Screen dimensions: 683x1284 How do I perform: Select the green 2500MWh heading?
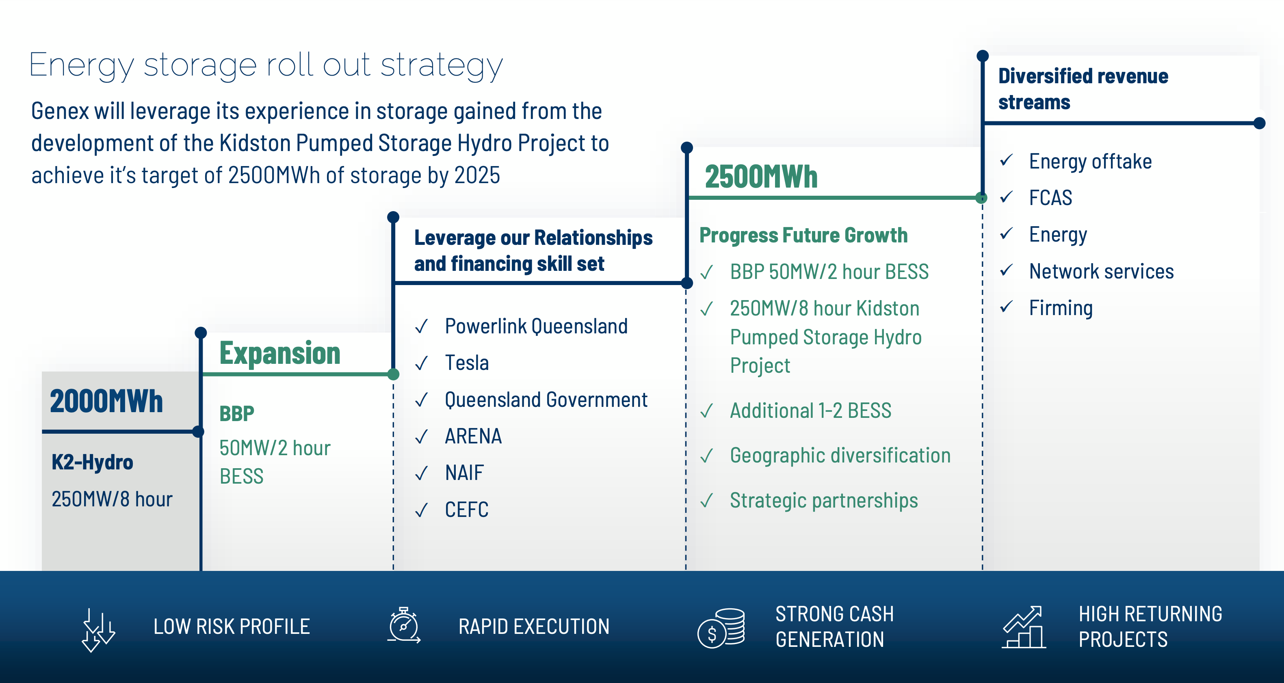pyautogui.click(x=761, y=177)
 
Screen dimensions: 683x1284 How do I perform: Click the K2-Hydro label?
pyautogui.click(x=92, y=463)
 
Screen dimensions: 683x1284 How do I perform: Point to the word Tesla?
pyautogui.click(x=467, y=363)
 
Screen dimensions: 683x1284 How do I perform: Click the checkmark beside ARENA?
pyautogui.click(x=422, y=437)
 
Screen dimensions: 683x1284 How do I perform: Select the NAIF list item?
pyautogui.click(x=464, y=473)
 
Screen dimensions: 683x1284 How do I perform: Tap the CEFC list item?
pyautogui.click(x=467, y=510)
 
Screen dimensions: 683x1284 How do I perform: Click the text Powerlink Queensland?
pyautogui.click(x=536, y=327)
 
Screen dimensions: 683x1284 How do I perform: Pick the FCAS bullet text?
pyautogui.click(x=1050, y=198)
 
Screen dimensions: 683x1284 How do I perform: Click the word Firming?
pyautogui.click(x=1061, y=308)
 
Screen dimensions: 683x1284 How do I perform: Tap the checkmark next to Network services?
pyautogui.click(x=1007, y=271)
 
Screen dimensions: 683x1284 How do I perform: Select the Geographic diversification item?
pyautogui.click(x=840, y=455)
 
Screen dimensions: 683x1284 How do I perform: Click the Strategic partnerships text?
pyautogui.click(x=823, y=500)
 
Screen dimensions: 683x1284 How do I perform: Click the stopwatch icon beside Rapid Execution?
pyautogui.click(x=404, y=625)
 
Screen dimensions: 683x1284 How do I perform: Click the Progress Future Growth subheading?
pyautogui.click(x=803, y=235)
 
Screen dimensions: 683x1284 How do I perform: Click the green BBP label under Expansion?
pyautogui.click(x=237, y=413)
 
